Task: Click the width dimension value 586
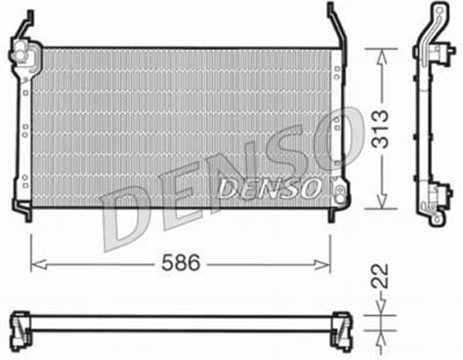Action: point(181,263)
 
